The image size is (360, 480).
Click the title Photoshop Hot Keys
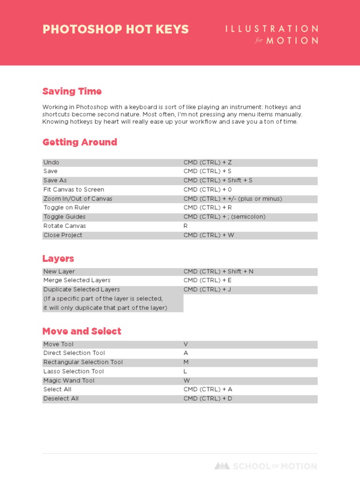pyautogui.click(x=115, y=29)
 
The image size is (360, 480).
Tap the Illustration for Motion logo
pyautogui.click(x=271, y=35)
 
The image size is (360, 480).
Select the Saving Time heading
pyautogui.click(x=72, y=91)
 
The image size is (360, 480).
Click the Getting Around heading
pyautogui.click(x=80, y=142)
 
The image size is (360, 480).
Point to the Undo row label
pyautogui.click(x=51, y=162)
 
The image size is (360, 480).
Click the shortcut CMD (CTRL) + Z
pyautogui.click(x=208, y=162)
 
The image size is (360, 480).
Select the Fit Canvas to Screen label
pyautogui.click(x=74, y=189)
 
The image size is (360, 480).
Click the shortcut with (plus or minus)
pyautogui.click(x=232, y=199)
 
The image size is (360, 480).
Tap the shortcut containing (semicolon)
pyautogui.click(x=225, y=217)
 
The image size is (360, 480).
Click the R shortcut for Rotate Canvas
pyautogui.click(x=186, y=226)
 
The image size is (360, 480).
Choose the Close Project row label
pyautogui.click(x=63, y=235)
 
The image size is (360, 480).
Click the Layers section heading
pyautogui.click(x=58, y=259)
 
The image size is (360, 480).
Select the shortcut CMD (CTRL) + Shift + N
pyautogui.click(x=218, y=271)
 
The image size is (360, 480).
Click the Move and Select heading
pyautogui.click(x=82, y=331)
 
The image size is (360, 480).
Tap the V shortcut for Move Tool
pyautogui.click(x=186, y=344)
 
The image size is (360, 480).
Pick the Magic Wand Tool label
pyautogui.click(x=69, y=381)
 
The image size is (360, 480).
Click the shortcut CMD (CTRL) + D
pyautogui.click(x=208, y=398)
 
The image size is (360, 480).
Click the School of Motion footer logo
pyautogui.click(x=265, y=466)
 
